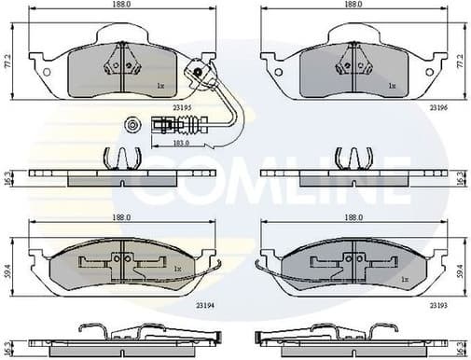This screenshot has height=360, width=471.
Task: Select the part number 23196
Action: pyautogui.click(x=436, y=108)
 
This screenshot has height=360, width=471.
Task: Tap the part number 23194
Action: pyautogui.click(x=204, y=304)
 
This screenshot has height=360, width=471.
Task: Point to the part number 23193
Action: pyautogui.click(x=437, y=304)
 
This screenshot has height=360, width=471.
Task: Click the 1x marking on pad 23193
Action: pyautogui.click(x=403, y=280)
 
